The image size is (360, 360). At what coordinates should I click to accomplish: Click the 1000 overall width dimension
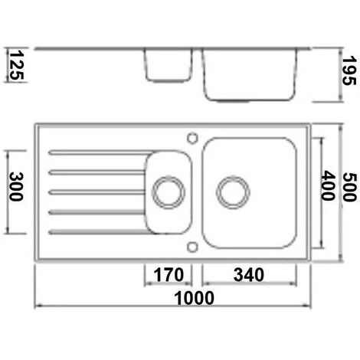coord(194,298)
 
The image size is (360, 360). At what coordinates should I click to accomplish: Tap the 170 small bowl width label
coord(169,275)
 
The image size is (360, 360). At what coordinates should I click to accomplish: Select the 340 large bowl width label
coord(249,275)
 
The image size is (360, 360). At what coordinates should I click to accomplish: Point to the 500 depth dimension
coord(349,187)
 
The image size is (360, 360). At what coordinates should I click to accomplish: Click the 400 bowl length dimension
coord(328,185)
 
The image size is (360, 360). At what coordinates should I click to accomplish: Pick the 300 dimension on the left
coord(16,187)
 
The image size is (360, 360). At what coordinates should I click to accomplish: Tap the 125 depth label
coord(17,65)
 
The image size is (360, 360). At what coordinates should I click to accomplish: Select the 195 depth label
coord(349,70)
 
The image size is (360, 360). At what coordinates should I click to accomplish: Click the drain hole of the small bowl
coord(169,192)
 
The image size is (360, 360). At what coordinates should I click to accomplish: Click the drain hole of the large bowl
coord(233,192)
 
